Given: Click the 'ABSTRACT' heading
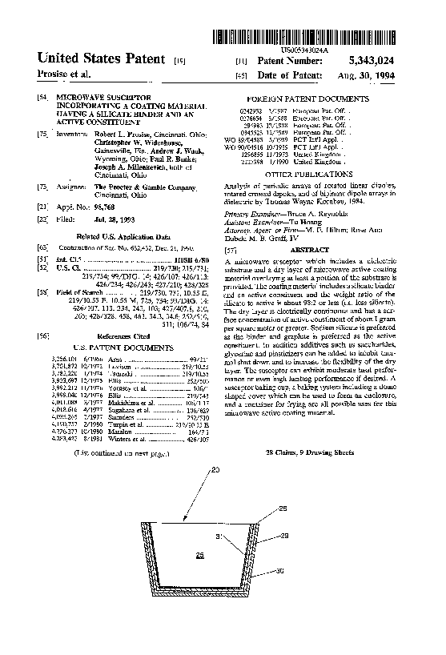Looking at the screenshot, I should point(298,251).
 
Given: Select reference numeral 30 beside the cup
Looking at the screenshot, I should point(279,571).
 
